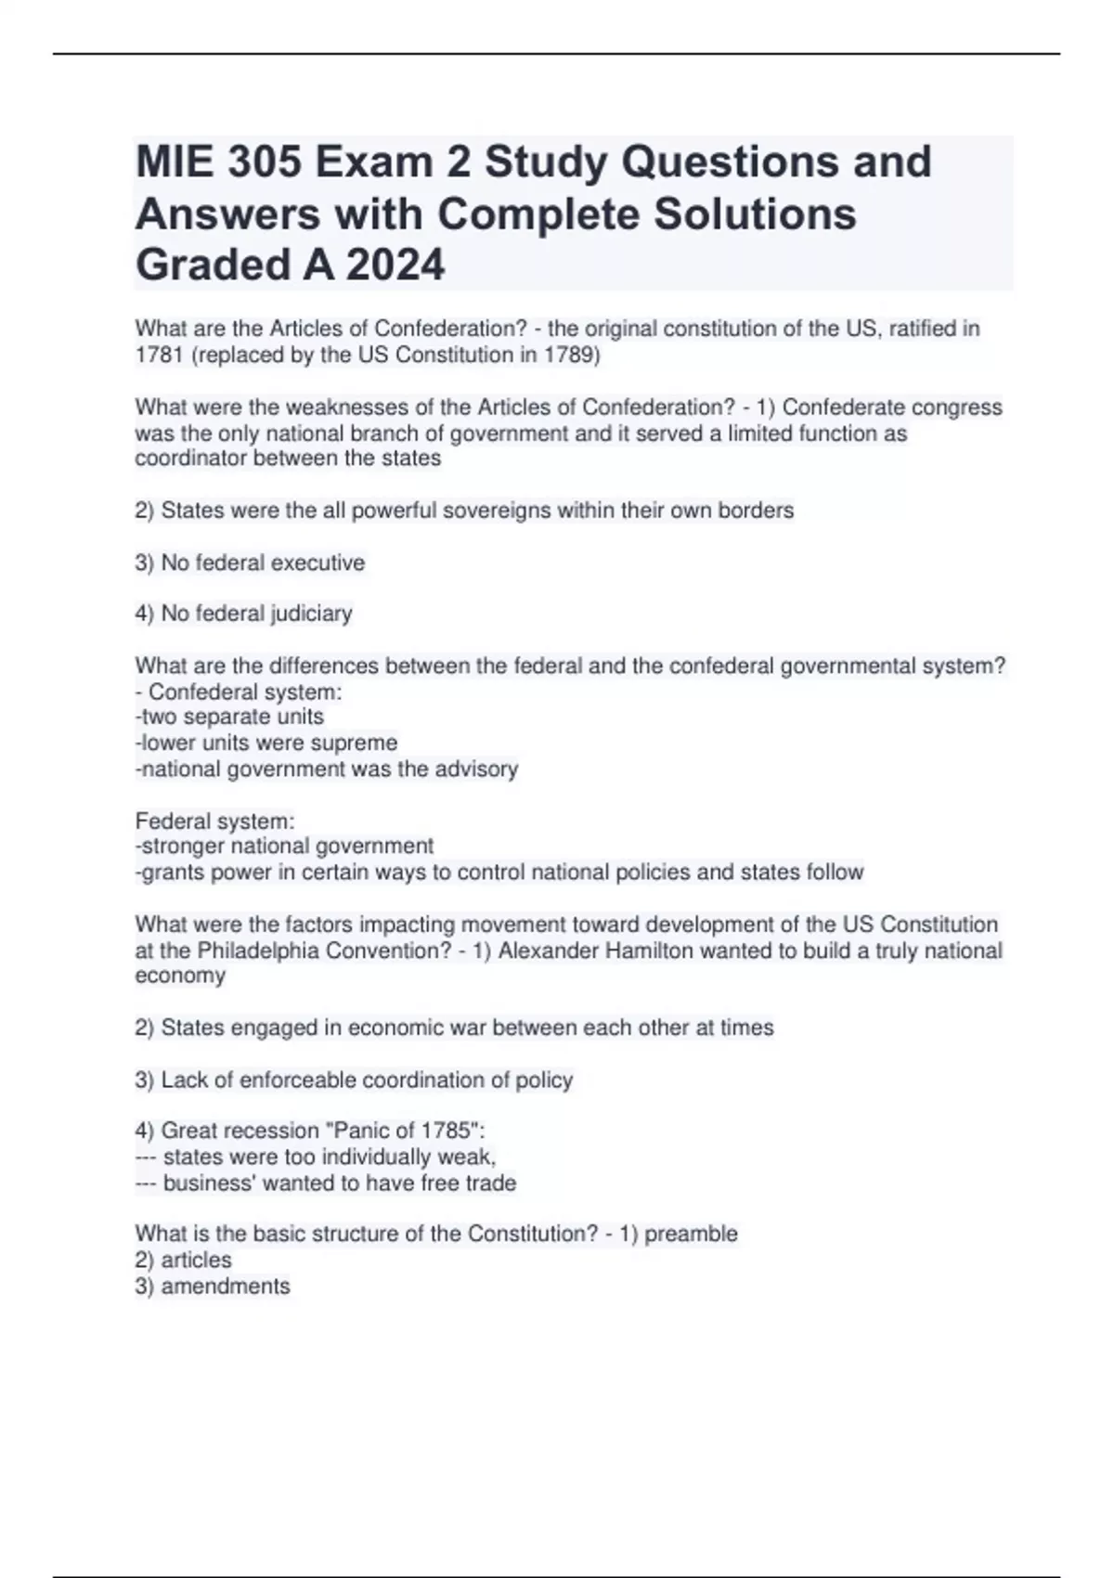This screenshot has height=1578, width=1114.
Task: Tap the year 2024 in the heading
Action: tap(395, 265)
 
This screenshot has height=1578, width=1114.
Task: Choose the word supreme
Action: tap(356, 743)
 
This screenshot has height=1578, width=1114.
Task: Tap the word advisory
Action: tap(474, 769)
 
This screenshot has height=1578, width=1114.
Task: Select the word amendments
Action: tap(226, 1287)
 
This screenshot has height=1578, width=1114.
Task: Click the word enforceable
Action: tap(298, 1080)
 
